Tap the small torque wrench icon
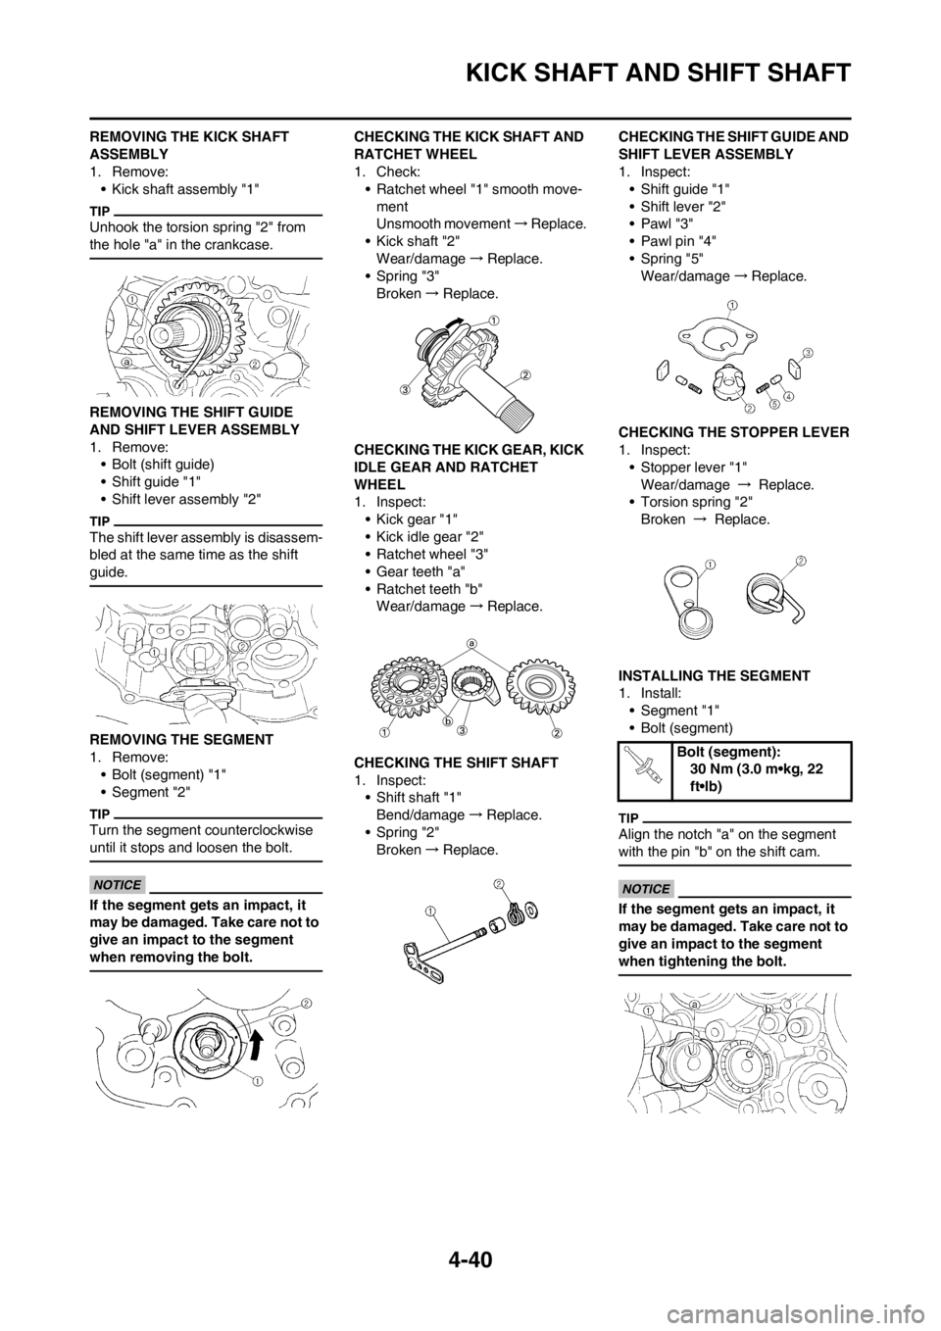tap(643, 764)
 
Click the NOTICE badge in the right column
tap(646, 889)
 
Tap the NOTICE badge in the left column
tap(117, 885)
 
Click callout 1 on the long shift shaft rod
tap(429, 910)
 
